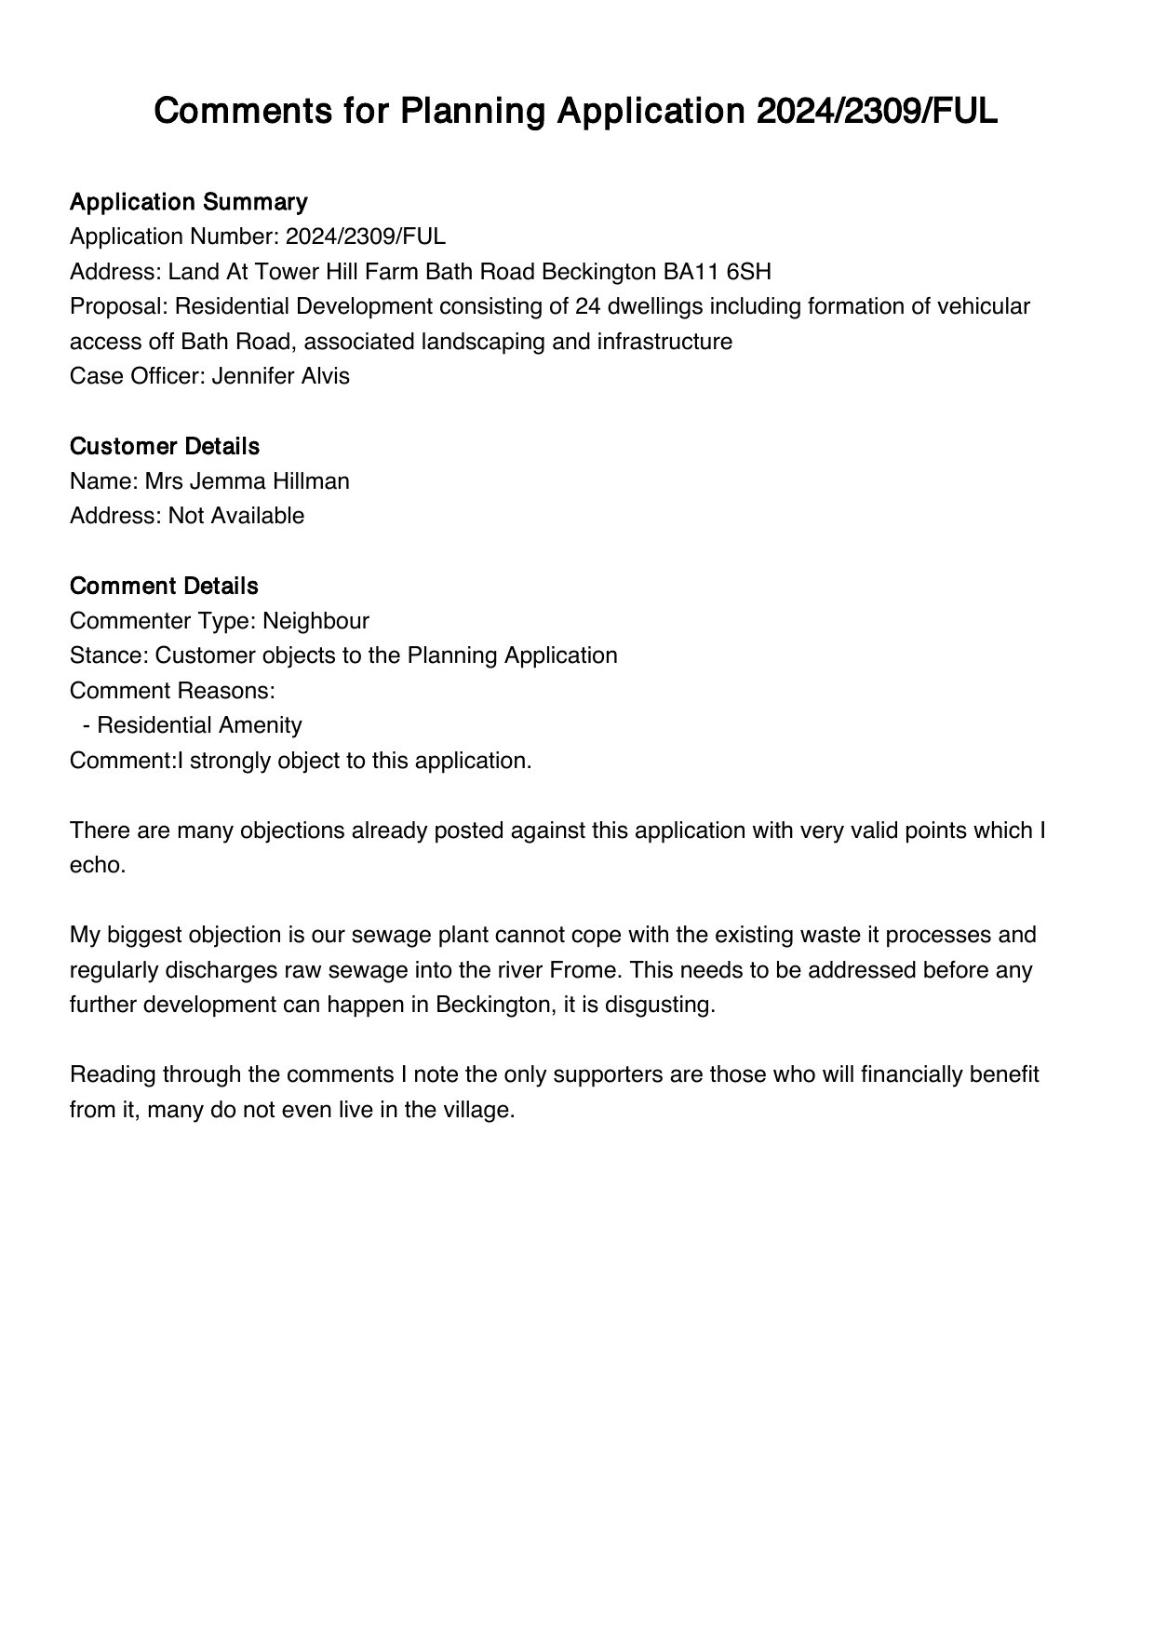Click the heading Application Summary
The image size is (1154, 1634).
coord(188,202)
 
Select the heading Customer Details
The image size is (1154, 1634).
coord(165,447)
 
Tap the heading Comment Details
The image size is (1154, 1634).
coord(164,587)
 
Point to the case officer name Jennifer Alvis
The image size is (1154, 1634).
coord(281,376)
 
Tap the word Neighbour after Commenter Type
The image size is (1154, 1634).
coord(315,621)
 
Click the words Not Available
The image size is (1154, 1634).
coord(236,516)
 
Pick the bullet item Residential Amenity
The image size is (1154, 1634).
coord(199,725)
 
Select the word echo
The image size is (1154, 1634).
coord(97,865)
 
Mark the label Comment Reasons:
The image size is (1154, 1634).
coord(172,691)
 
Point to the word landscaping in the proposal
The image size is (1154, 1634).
coord(484,342)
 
